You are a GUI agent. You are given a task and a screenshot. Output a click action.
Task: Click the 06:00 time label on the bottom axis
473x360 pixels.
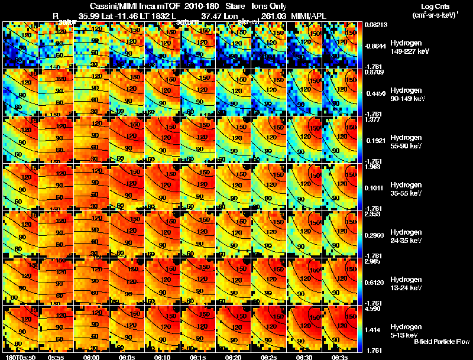click(x=92, y=357)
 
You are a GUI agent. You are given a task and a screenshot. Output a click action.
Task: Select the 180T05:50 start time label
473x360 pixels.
click(x=19, y=357)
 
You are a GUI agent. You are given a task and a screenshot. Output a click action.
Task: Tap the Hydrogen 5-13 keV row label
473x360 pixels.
click(x=407, y=330)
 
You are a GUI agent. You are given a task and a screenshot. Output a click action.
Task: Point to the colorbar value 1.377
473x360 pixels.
click(x=372, y=119)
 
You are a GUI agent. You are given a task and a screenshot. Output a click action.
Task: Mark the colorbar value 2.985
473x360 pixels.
click(x=372, y=261)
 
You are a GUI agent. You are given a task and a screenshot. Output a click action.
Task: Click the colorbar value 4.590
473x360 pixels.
click(x=372, y=309)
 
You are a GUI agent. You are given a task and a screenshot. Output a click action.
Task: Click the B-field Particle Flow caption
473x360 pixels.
click(x=441, y=342)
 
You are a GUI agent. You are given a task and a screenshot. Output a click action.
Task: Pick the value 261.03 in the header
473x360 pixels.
click(x=271, y=16)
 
